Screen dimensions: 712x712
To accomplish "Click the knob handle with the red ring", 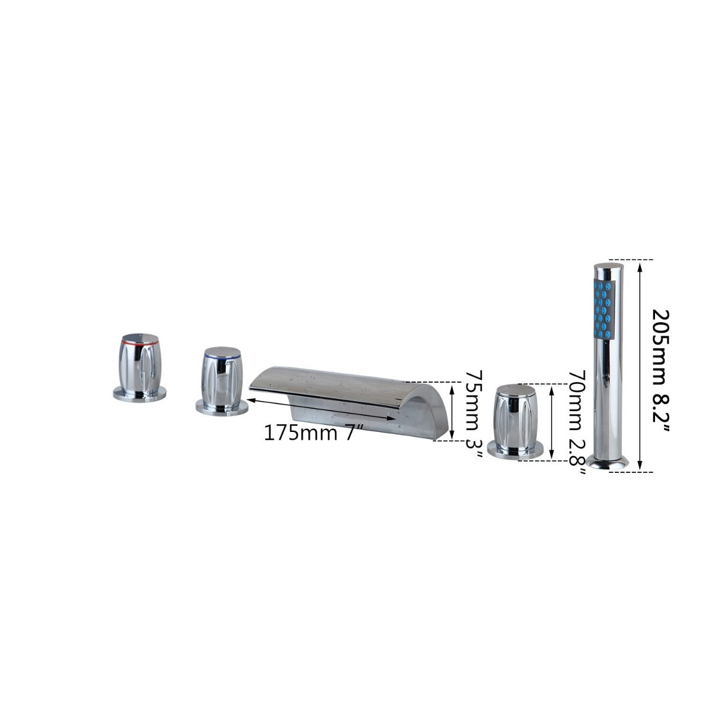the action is pyautogui.click(x=139, y=368).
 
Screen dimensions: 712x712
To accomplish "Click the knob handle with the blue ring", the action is pyautogui.click(x=222, y=380).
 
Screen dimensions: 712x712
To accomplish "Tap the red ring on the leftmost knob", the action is pyautogui.click(x=140, y=342).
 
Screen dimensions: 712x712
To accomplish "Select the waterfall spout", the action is pyautogui.click(x=349, y=403).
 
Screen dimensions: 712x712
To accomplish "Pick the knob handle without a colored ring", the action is pyautogui.click(x=516, y=421).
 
